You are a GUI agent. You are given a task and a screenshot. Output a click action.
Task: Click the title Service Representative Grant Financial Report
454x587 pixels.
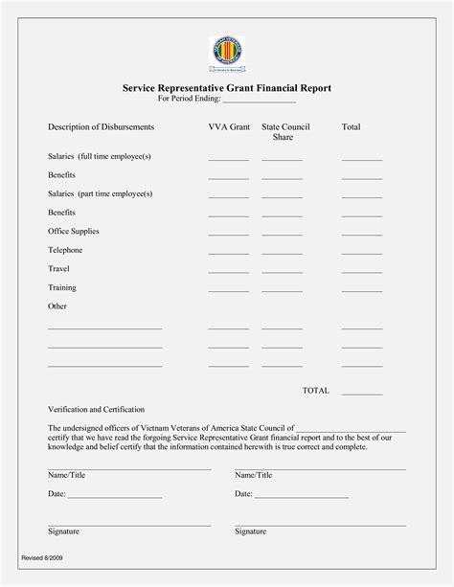tap(227, 87)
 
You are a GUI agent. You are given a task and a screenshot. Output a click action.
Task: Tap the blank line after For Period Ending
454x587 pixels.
tap(261, 101)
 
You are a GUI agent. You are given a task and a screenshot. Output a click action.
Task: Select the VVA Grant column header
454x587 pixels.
tap(228, 126)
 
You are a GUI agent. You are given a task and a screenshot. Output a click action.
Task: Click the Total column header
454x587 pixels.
tap(352, 126)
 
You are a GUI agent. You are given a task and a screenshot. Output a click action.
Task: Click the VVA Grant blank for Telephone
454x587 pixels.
tap(228, 254)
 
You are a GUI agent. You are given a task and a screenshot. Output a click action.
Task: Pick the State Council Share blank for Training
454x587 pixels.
tap(282, 291)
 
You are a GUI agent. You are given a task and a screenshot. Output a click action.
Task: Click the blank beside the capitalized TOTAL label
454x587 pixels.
tap(362, 393)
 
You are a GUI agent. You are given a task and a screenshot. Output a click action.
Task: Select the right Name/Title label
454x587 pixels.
tap(254, 475)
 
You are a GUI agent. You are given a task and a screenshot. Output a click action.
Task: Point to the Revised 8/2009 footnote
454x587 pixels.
tap(43, 556)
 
